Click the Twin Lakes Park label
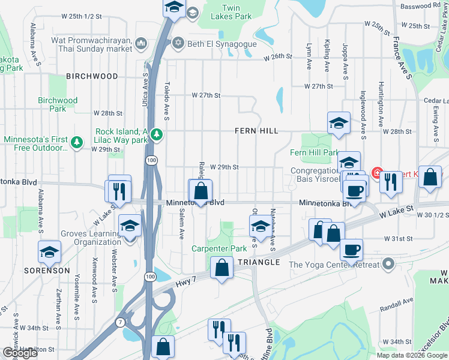[x=231, y=13]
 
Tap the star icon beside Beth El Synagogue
[x=177, y=44]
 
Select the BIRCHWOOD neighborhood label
[x=92, y=76]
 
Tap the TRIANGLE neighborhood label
[x=258, y=263]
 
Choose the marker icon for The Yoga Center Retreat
[x=389, y=264]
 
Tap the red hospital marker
[x=378, y=174]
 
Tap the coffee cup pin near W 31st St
[x=351, y=249]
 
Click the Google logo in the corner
[x=20, y=353]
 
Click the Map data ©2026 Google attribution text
[x=411, y=355]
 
